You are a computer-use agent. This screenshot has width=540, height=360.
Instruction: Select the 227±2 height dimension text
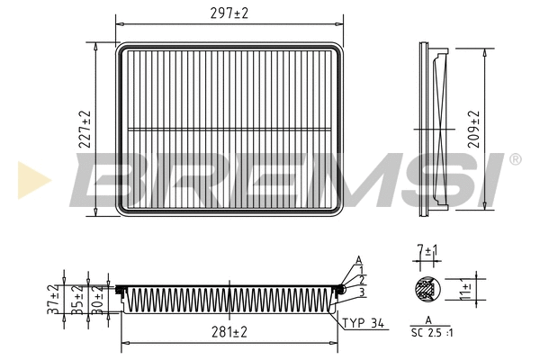click(x=85, y=130)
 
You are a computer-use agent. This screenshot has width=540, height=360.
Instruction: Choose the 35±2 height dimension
click(x=77, y=299)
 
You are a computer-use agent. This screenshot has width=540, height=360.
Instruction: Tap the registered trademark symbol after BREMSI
click(x=515, y=160)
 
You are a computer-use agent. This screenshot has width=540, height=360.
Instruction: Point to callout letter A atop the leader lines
click(x=358, y=259)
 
